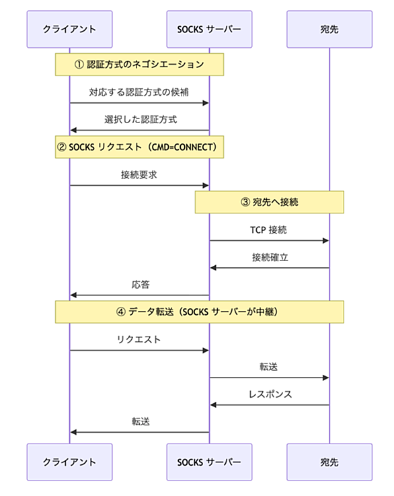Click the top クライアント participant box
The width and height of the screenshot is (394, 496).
tap(69, 29)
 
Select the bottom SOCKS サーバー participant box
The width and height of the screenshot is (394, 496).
tap(209, 462)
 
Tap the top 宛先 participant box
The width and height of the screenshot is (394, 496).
tap(329, 29)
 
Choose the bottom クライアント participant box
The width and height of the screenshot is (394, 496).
tap(69, 462)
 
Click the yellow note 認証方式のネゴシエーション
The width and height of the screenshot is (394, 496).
tap(139, 65)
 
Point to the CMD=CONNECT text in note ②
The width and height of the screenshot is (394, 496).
tap(183, 147)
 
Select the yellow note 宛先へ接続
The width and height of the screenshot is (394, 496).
tap(269, 202)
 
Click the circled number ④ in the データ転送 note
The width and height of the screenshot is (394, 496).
tap(121, 312)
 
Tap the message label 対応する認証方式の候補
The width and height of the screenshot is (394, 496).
tap(139, 92)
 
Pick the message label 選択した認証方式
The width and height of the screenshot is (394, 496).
tap(141, 119)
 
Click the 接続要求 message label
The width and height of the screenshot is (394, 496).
tap(139, 174)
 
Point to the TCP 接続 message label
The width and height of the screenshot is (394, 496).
tap(268, 229)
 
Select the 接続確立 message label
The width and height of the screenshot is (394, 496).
tap(270, 257)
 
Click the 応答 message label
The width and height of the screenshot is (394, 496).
tap(141, 285)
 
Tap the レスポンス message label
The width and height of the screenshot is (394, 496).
tap(270, 394)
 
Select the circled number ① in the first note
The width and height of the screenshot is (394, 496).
tap(79, 65)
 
